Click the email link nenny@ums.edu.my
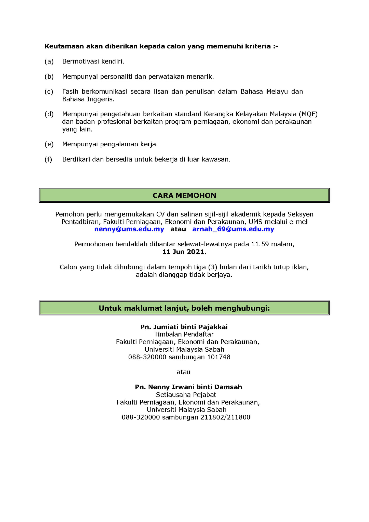coord(129,229)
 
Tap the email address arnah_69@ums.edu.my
coord(233,229)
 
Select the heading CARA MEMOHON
coord(184,196)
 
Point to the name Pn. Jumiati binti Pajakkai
coord(184,327)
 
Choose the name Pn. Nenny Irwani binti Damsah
coord(188,387)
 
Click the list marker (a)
coord(49,61)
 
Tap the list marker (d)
coord(49,114)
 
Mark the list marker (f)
coord(48,160)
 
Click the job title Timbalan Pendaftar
coord(184,334)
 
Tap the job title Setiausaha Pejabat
coord(186,395)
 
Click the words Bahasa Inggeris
coord(88,99)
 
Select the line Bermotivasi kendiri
coord(93,61)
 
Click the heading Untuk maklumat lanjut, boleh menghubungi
coord(184,308)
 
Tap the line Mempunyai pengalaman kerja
coord(110,144)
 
